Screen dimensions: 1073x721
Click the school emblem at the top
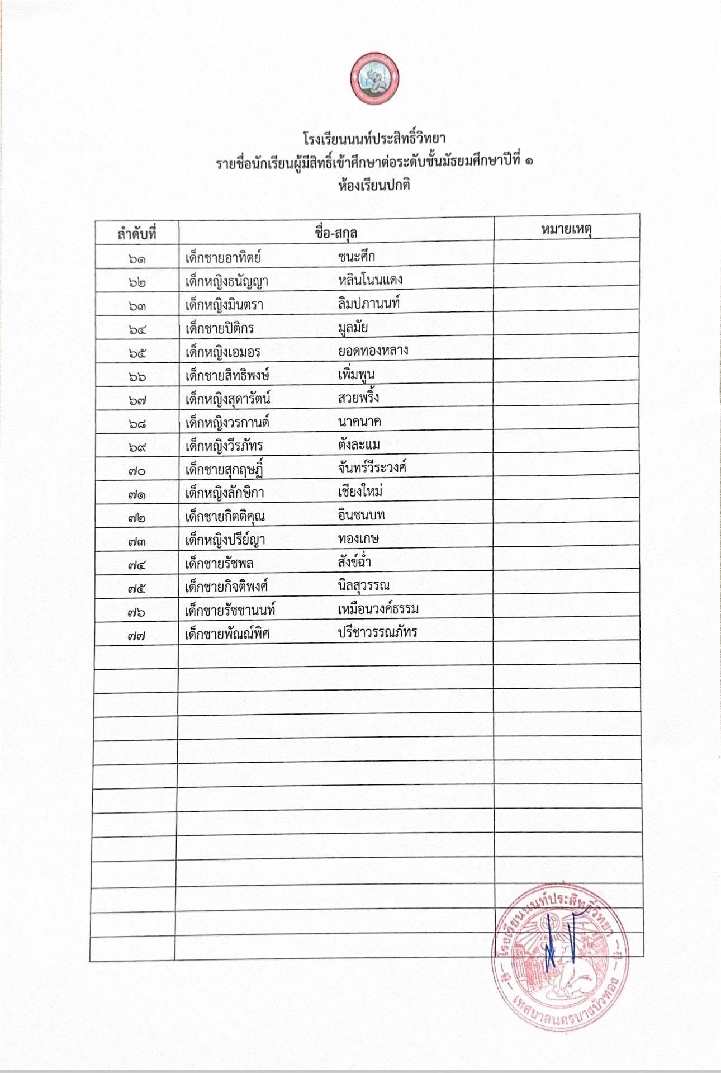click(x=374, y=79)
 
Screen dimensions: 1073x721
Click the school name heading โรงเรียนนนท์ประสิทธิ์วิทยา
click(x=374, y=138)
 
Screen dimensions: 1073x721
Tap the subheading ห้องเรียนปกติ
click(x=374, y=185)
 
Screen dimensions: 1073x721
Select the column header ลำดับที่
click(x=137, y=233)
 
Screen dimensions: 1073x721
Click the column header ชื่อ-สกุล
click(x=336, y=232)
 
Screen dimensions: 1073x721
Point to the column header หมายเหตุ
click(x=566, y=229)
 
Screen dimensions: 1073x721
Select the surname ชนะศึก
click(x=357, y=257)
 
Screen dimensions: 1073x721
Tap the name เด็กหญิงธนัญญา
click(x=227, y=281)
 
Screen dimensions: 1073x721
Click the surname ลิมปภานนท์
click(x=369, y=304)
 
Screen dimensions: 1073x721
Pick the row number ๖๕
click(x=137, y=353)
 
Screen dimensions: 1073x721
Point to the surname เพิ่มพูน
click(x=356, y=374)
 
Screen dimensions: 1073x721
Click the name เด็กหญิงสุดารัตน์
click(x=228, y=399)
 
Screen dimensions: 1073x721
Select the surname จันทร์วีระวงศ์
click(x=372, y=467)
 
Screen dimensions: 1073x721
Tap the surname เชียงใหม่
click(x=360, y=491)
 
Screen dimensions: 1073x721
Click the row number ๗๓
click(x=136, y=541)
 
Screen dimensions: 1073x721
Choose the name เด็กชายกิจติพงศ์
click(x=227, y=587)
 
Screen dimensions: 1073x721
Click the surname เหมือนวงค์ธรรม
click(x=378, y=608)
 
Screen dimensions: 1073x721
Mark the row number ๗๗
click(x=136, y=635)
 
